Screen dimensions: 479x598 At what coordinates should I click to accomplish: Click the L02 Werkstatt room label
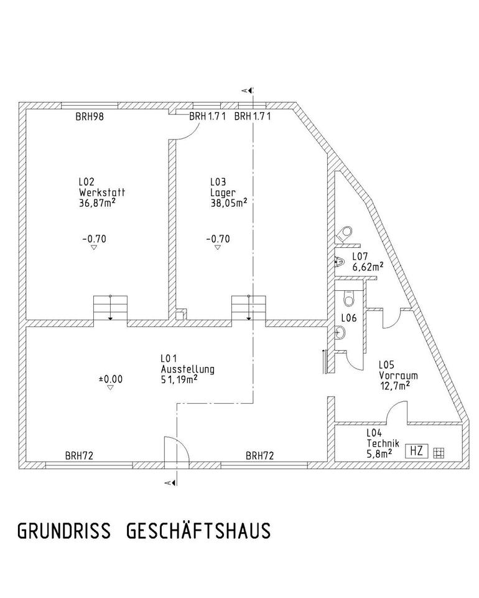click(96, 192)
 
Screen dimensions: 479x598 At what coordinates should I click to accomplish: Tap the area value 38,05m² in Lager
click(228, 202)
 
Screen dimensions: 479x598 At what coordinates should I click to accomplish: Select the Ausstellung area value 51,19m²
click(179, 378)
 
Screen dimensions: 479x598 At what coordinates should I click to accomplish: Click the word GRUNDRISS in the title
click(63, 531)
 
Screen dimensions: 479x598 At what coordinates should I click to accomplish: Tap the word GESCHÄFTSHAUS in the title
click(198, 531)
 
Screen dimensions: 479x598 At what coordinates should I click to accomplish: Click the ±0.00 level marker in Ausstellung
click(110, 378)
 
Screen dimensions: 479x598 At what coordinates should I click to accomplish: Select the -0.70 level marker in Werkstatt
click(94, 239)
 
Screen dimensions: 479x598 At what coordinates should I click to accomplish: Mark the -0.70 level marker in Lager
click(218, 239)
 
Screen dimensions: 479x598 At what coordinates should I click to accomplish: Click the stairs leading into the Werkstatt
click(110, 307)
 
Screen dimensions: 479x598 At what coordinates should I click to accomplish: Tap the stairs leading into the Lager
click(248, 307)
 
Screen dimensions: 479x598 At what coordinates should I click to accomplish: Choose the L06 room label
click(348, 318)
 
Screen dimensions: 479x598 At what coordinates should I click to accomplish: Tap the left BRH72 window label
click(79, 455)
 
